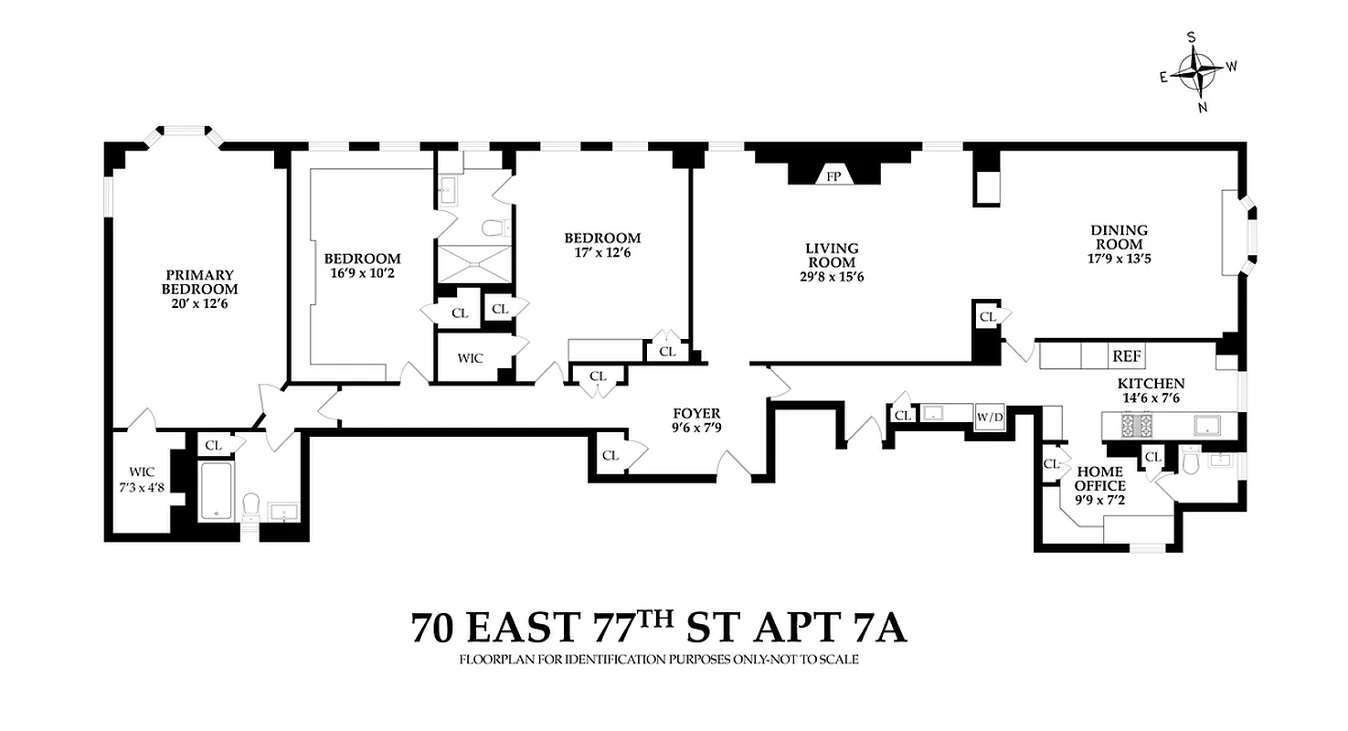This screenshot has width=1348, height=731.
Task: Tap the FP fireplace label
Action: pos(833,176)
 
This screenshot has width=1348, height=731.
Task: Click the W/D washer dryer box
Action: pos(990,418)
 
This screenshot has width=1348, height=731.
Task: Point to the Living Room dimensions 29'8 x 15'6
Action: pos(831,277)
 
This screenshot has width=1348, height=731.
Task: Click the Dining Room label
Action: pos(1119,238)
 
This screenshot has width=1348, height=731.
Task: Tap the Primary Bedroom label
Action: pos(199,282)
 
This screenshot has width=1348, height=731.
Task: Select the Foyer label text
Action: pos(696,413)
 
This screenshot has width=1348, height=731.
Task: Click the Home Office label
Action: pos(1099,480)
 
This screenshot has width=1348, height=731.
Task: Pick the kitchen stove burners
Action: pos(1134,424)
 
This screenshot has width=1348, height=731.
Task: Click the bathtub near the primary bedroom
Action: pos(216,490)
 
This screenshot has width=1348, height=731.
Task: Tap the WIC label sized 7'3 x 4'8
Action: pos(142,480)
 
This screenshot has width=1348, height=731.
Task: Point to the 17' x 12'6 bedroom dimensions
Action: pos(601,253)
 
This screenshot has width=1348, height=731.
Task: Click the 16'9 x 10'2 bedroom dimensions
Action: pos(363,272)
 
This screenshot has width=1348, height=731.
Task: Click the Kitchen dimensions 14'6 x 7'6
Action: pos(1151,398)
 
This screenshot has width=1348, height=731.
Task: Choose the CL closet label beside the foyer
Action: pos(610,455)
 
